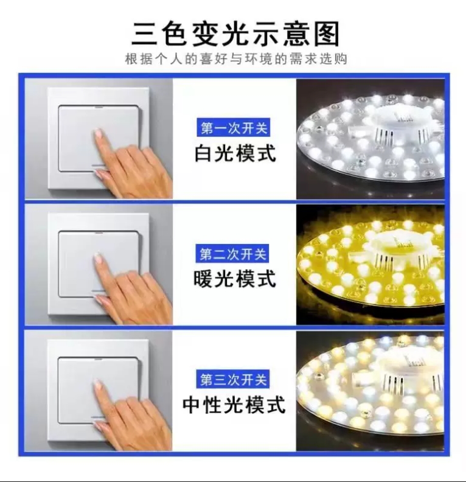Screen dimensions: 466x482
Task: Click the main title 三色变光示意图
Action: pyautogui.click(x=235, y=33)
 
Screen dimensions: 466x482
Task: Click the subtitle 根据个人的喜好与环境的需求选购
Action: pyautogui.click(x=236, y=58)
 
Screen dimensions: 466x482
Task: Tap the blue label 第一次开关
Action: pyautogui.click(x=234, y=128)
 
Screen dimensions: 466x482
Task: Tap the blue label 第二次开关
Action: pyautogui.click(x=232, y=254)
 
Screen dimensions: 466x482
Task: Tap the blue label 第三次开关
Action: pyautogui.click(x=233, y=379)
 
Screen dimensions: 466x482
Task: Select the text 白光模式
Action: pyautogui.click(x=235, y=153)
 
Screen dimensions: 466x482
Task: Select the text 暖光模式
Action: pyautogui.click(x=235, y=279)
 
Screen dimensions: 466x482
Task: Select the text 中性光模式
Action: pyautogui.click(x=234, y=405)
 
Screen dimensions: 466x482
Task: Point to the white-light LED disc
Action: pyautogui.click(x=370, y=138)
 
